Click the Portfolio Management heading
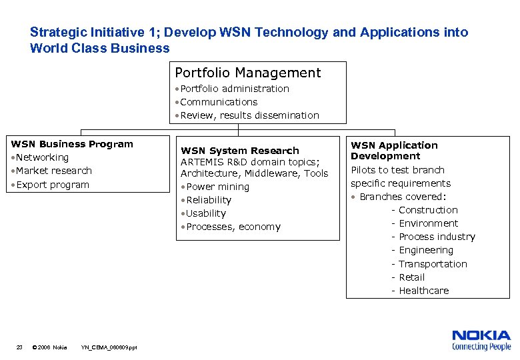click(x=247, y=73)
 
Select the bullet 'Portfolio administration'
click(x=234, y=89)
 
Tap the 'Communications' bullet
click(x=218, y=102)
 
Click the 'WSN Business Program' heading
click(x=72, y=144)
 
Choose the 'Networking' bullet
click(x=42, y=157)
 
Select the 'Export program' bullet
click(x=52, y=185)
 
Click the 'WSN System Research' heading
click(x=240, y=151)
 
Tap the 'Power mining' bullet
click(x=217, y=187)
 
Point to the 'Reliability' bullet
click(x=209, y=200)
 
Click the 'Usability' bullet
click(x=206, y=213)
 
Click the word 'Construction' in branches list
click(x=428, y=210)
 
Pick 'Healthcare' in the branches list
click(x=424, y=291)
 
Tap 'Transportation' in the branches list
click(x=433, y=264)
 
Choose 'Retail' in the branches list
click(x=411, y=277)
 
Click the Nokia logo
click(x=481, y=340)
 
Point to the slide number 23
click(x=20, y=347)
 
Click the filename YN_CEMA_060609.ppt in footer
click(x=109, y=347)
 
